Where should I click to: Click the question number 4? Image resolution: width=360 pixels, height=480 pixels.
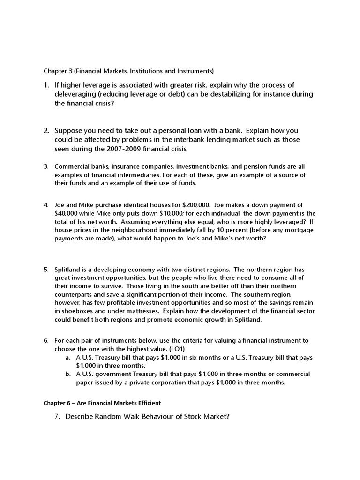click(x=46, y=205)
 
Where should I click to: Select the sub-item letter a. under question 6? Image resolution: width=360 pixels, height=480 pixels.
click(x=68, y=357)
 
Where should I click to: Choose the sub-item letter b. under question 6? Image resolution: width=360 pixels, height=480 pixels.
click(x=68, y=374)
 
